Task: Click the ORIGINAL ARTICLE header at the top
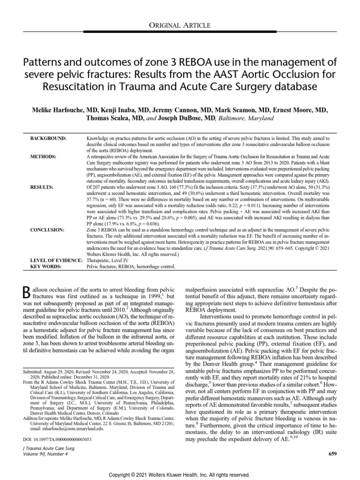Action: tap(180, 25)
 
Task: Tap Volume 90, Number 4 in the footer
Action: tap(47, 454)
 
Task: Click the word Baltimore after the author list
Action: tap(232, 119)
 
